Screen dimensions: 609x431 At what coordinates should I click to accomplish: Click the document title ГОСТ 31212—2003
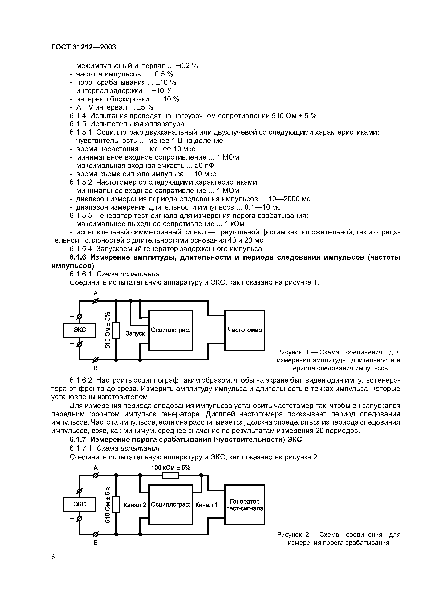84,47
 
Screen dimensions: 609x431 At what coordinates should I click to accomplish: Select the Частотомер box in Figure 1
245,330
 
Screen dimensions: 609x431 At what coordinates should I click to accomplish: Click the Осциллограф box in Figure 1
170,330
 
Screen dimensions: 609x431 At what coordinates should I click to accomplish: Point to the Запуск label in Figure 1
135,333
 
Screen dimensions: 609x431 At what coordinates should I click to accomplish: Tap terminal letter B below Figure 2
96,543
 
